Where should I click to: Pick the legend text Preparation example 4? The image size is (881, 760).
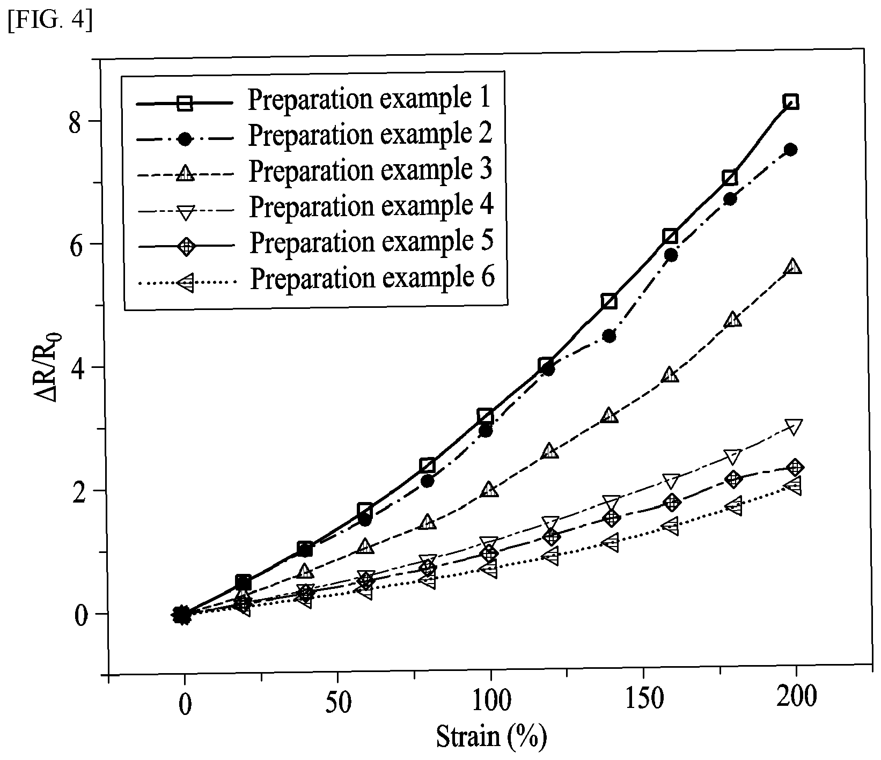click(371, 206)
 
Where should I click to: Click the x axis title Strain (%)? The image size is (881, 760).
click(490, 737)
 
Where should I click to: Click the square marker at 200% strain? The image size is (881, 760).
click(790, 101)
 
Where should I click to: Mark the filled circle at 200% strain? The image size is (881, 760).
click(790, 150)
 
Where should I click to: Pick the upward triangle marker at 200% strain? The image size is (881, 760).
click(794, 266)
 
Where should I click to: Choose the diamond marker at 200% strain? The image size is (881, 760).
click(795, 467)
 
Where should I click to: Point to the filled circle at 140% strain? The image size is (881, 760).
click(609, 336)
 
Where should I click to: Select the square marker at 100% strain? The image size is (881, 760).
click(485, 416)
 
